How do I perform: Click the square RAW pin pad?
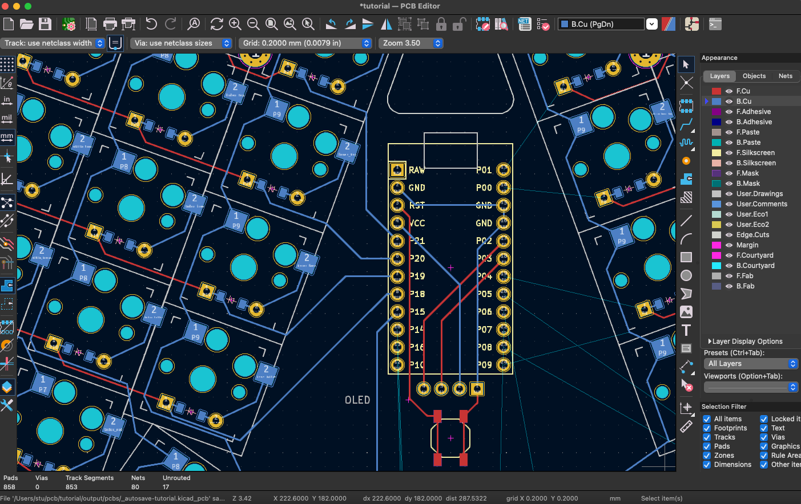tap(397, 169)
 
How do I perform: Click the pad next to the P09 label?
tap(503, 364)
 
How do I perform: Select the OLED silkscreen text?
tap(357, 400)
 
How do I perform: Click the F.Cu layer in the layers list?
tap(743, 91)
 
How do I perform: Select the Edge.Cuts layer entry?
tap(752, 235)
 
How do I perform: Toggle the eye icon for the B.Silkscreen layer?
tap(729, 163)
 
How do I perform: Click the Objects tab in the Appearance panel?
tap(754, 76)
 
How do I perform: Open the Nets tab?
tap(785, 76)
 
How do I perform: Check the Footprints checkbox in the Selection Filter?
tap(707, 428)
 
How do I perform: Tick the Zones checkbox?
tap(707, 456)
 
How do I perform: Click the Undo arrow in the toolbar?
tap(151, 24)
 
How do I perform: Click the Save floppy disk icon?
tap(45, 24)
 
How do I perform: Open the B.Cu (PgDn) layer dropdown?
tap(651, 24)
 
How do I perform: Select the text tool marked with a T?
tap(686, 330)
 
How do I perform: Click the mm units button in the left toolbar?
tap(7, 137)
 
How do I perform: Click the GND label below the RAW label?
tap(417, 188)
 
